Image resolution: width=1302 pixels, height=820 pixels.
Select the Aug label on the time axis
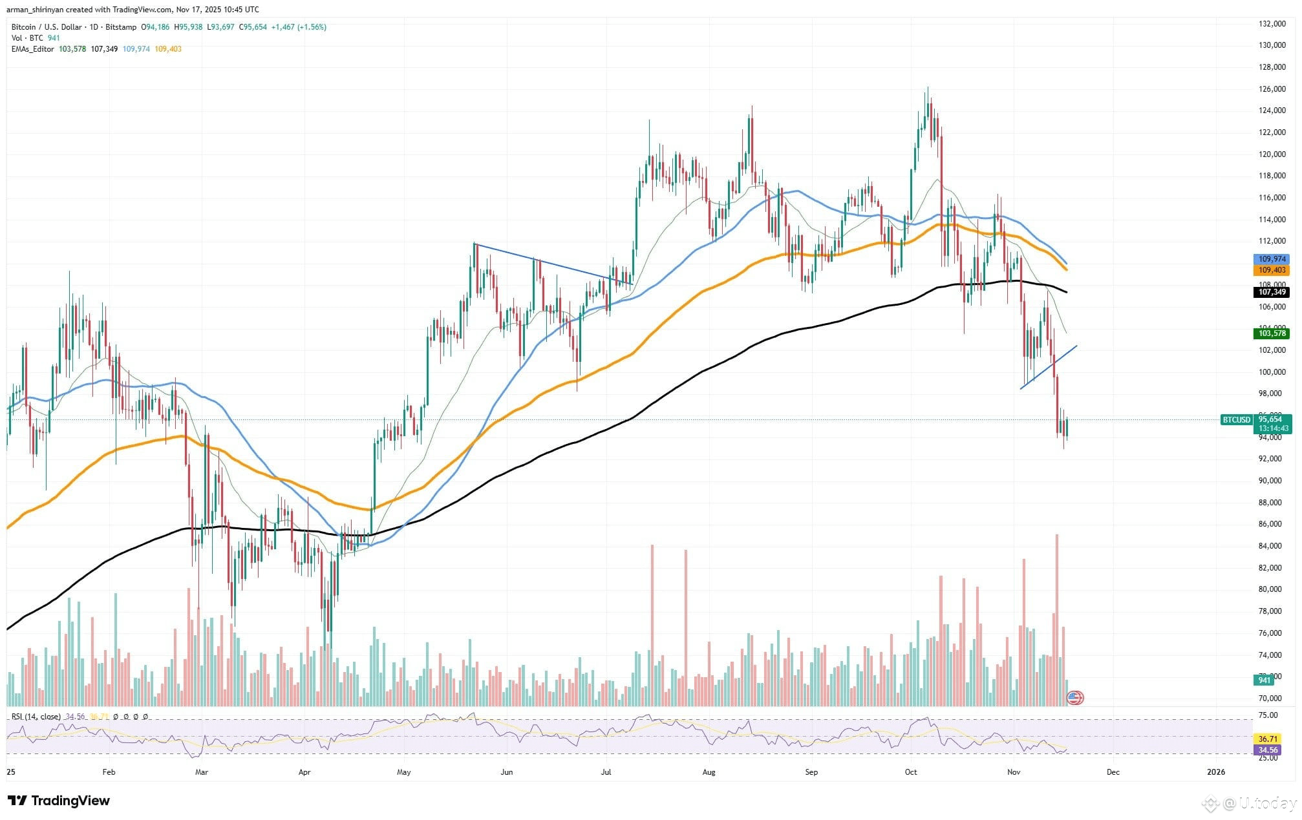point(709,772)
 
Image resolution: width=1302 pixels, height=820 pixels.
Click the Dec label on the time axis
point(1113,772)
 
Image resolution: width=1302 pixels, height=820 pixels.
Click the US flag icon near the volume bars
point(1074,698)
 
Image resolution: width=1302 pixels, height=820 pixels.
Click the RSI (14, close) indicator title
point(36,717)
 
